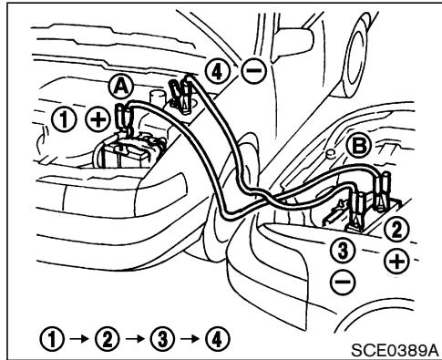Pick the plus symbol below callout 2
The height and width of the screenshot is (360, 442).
click(x=396, y=261)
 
